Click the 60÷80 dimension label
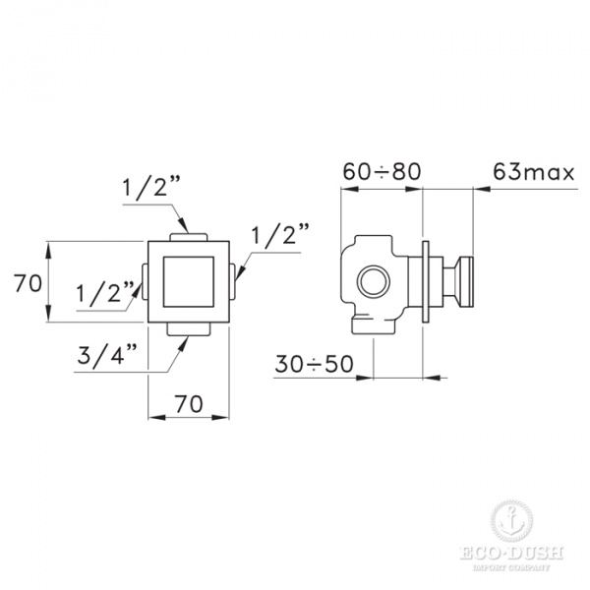[381, 171]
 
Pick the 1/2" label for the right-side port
[280, 236]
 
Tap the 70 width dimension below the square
[189, 403]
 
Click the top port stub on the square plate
[188, 236]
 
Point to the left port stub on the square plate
[144, 283]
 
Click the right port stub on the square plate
[234, 283]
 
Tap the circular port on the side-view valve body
[374, 283]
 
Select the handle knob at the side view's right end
[464, 282]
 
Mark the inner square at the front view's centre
[188, 282]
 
